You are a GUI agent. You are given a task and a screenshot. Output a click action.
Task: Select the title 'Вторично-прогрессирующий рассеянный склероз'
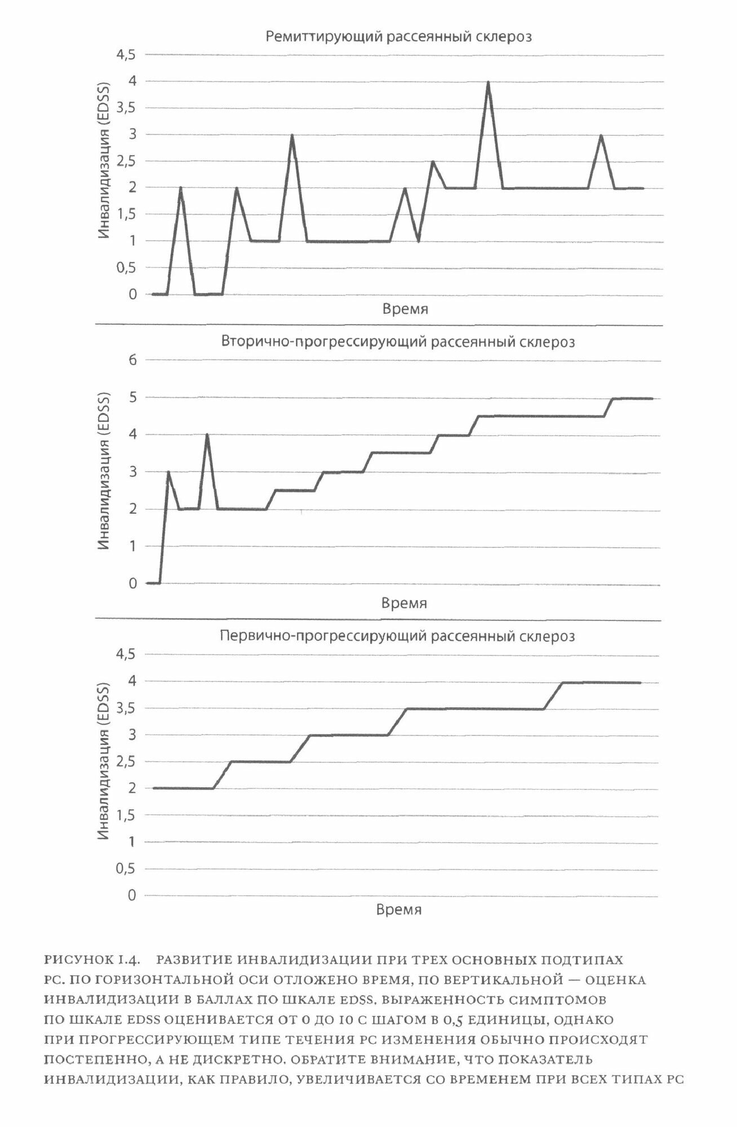coord(398,342)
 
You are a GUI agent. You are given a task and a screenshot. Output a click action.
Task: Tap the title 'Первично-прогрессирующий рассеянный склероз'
coord(397,636)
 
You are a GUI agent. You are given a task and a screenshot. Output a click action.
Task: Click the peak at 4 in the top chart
coord(488,82)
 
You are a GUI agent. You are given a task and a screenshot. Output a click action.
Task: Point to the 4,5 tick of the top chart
coord(126,55)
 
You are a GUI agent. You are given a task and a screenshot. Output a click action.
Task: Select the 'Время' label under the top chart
coord(405,309)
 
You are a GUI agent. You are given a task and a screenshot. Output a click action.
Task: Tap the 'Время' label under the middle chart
coord(404,603)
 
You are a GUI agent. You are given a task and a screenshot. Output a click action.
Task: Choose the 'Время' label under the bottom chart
coord(398,909)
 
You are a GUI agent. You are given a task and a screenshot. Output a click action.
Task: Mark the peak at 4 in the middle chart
coord(207,436)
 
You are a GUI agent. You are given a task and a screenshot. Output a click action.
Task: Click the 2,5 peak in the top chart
coord(433,162)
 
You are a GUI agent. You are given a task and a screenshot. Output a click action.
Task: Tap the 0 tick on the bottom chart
coord(132,895)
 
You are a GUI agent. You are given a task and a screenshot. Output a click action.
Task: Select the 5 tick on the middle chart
coord(133,397)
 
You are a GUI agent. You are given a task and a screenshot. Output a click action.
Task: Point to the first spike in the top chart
coord(180,188)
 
